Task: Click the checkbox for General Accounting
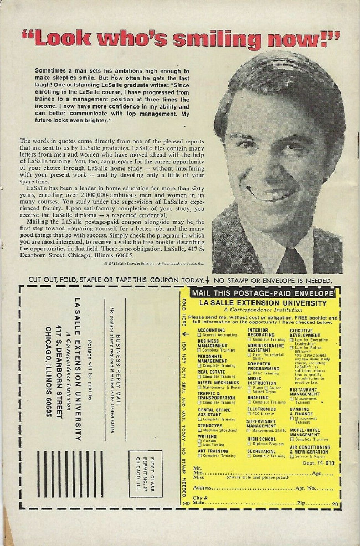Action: [200, 336]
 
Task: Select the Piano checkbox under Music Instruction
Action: [250, 388]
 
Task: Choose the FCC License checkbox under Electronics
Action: [250, 413]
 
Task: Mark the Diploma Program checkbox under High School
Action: [250, 444]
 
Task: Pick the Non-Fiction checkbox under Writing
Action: [200, 444]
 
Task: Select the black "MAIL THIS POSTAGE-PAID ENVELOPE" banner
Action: [262, 293]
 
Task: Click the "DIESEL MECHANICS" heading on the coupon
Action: [219, 382]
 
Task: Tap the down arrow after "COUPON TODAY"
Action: [207, 281]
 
